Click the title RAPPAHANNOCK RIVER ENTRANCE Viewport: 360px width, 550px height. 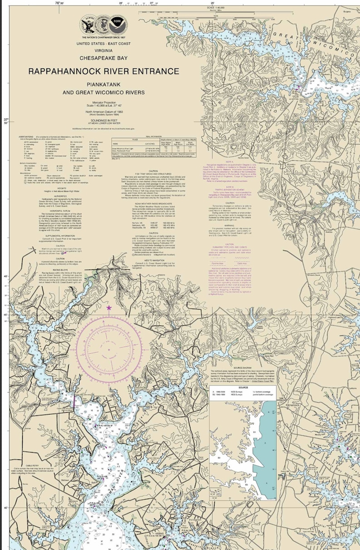tap(103, 71)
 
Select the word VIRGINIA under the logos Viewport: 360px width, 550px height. tap(103, 50)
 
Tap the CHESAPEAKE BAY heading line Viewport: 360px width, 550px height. tap(103, 58)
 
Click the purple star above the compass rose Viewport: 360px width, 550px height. tap(109, 308)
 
